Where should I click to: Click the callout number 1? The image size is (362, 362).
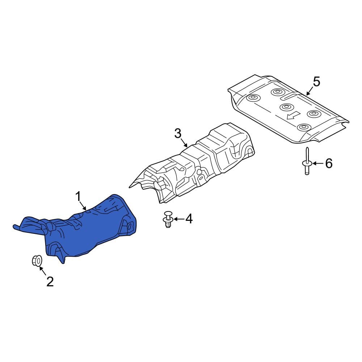(78, 197)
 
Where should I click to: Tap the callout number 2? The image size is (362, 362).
(50, 281)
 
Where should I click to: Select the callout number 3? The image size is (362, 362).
(178, 134)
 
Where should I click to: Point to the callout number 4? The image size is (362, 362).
(189, 219)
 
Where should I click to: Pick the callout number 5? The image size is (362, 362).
(316, 82)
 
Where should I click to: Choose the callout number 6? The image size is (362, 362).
(329, 164)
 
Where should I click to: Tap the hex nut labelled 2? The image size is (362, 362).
(37, 261)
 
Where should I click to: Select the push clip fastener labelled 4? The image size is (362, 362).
(168, 219)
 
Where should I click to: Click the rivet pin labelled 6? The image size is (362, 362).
(307, 161)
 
